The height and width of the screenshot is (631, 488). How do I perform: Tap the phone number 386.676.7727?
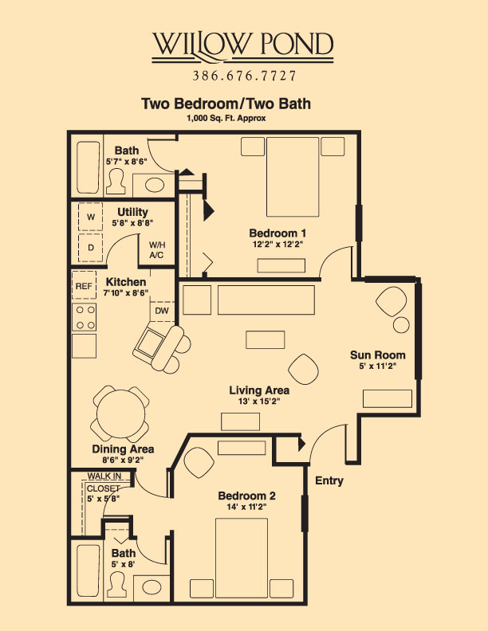244,76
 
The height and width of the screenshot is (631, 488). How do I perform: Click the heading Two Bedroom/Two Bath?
226,104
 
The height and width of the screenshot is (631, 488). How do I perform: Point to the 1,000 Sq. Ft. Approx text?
226,117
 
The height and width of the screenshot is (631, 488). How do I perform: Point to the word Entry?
329,480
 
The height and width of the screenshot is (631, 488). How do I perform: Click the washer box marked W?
90,217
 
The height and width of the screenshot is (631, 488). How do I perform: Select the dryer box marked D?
90,248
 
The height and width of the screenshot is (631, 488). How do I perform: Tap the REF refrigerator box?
84,286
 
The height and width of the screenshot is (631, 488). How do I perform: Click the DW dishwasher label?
161,311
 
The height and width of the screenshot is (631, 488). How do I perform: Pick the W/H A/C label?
156,250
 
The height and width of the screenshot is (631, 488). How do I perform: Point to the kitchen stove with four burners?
85,318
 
